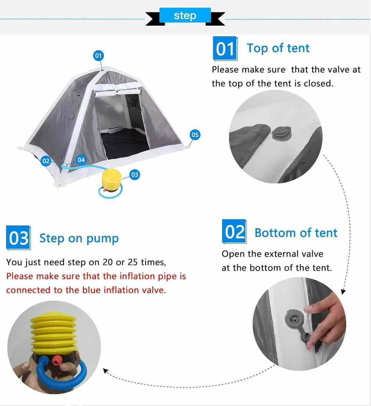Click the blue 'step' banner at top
pyautogui.click(x=185, y=16)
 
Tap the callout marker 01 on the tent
pyautogui.click(x=98, y=56)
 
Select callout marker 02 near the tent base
pyautogui.click(x=46, y=161)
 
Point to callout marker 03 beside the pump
pyautogui.click(x=134, y=175)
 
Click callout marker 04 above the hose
pyautogui.click(x=81, y=160)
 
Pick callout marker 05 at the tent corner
pyautogui.click(x=195, y=135)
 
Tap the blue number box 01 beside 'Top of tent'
pyautogui.click(x=225, y=49)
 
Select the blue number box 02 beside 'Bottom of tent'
pyautogui.click(x=234, y=231)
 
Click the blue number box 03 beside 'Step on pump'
pyautogui.click(x=18, y=238)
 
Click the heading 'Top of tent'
pyautogui.click(x=278, y=48)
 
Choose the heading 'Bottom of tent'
pyautogui.click(x=296, y=233)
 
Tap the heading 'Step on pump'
pyautogui.click(x=79, y=239)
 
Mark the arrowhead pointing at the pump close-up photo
pyautogui.click(x=105, y=371)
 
